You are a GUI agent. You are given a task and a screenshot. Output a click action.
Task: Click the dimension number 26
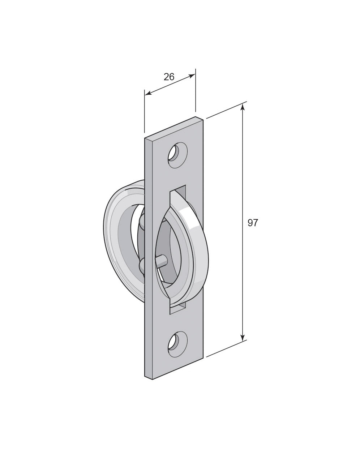[169, 77]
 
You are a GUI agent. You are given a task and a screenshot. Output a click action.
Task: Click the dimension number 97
[253, 223]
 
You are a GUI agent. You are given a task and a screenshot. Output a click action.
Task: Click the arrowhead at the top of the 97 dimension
[243, 107]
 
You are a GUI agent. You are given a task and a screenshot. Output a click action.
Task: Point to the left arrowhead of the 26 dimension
[148, 94]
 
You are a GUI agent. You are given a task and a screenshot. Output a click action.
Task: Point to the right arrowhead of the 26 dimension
[192, 76]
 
